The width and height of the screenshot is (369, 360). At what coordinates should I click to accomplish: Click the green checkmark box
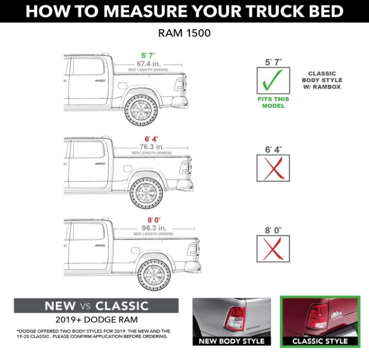[x=273, y=81]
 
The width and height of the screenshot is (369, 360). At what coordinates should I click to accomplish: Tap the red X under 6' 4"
[x=273, y=168]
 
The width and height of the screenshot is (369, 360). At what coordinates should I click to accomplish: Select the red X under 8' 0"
[x=273, y=248]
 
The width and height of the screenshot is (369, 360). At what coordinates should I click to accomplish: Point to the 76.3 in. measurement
[x=151, y=147]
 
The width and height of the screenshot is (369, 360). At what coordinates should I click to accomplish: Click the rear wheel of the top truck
[x=140, y=110]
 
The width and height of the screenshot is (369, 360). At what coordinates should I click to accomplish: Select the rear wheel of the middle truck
[x=147, y=192]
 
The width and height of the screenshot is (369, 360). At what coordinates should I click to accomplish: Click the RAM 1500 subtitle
[x=184, y=33]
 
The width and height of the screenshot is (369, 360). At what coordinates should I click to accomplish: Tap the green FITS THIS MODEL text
[x=273, y=103]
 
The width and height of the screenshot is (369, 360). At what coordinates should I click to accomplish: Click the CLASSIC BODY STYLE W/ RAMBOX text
[x=322, y=80]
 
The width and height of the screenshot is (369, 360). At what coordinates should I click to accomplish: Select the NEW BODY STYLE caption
[x=231, y=341]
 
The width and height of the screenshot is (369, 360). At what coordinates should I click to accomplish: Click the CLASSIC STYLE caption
[x=320, y=341]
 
